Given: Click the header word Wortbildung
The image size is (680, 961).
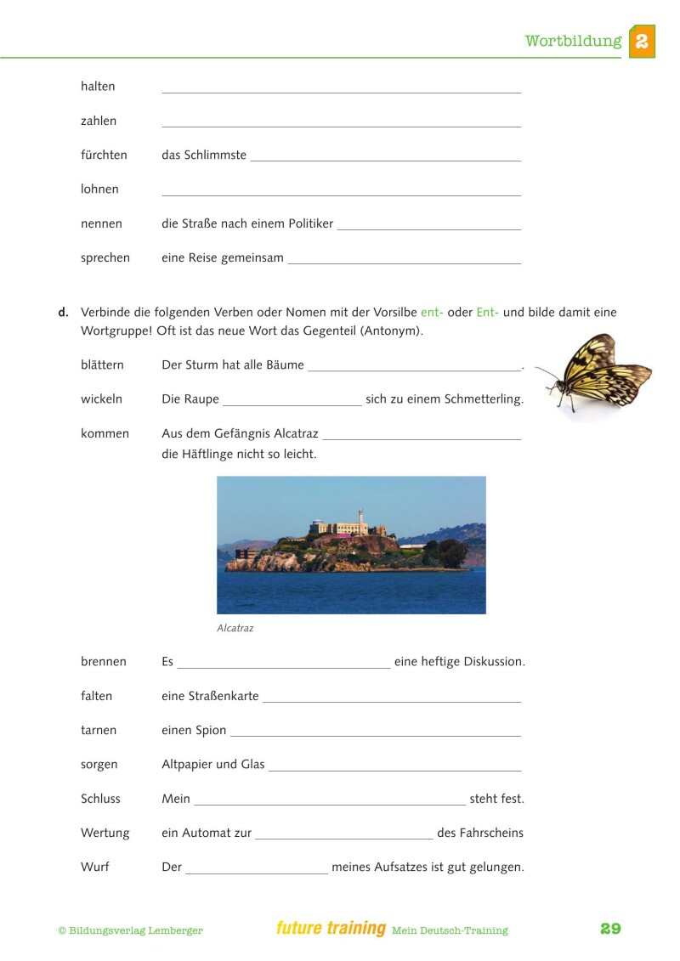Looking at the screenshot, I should click(572, 41).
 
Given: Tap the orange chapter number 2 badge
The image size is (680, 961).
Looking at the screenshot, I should click(642, 41).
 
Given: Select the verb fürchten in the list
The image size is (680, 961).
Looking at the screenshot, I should click(104, 155).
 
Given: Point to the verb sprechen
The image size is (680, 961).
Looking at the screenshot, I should click(105, 257).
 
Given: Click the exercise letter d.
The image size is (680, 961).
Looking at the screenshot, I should click(63, 312).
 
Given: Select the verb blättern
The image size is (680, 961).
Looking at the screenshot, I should click(102, 365).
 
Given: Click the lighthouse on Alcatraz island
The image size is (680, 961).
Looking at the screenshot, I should click(360, 517).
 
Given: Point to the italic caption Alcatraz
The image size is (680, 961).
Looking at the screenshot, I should click(235, 629).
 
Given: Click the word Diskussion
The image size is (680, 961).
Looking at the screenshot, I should click(494, 661).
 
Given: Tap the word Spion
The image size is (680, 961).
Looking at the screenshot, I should click(211, 730).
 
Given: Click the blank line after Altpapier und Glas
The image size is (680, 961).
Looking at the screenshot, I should click(394, 769).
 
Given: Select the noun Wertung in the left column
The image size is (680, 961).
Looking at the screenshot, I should click(105, 833).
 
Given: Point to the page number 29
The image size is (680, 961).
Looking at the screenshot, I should click(610, 929).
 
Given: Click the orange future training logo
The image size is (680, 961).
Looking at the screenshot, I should click(331, 929).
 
